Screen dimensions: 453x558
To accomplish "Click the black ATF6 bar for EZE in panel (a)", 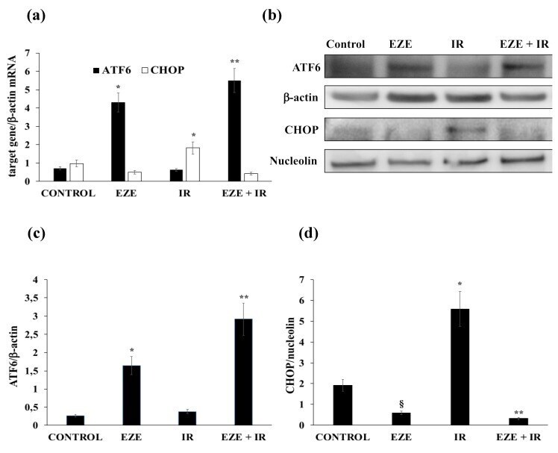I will tap(118, 142).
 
